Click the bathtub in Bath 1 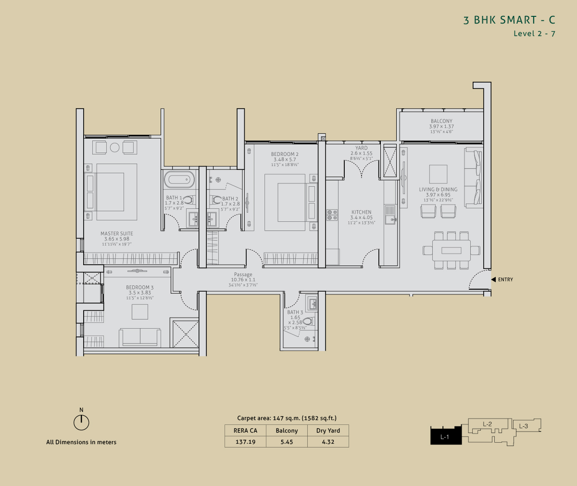point(179,179)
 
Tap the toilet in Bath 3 point(308,321)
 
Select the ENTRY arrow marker point(493,280)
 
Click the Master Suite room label point(117,233)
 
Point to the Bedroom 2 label point(285,154)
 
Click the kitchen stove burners point(332,215)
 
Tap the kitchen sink point(390,215)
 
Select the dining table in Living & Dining point(452,251)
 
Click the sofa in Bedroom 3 point(140,337)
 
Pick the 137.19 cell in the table point(245,442)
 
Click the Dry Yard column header point(328,430)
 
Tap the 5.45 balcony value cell point(287,442)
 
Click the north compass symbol point(81,422)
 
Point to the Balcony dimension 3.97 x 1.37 point(441,127)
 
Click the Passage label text point(243,274)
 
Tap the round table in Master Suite point(115,147)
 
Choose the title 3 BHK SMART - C point(509,20)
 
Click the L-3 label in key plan point(524,426)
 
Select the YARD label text point(362,148)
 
